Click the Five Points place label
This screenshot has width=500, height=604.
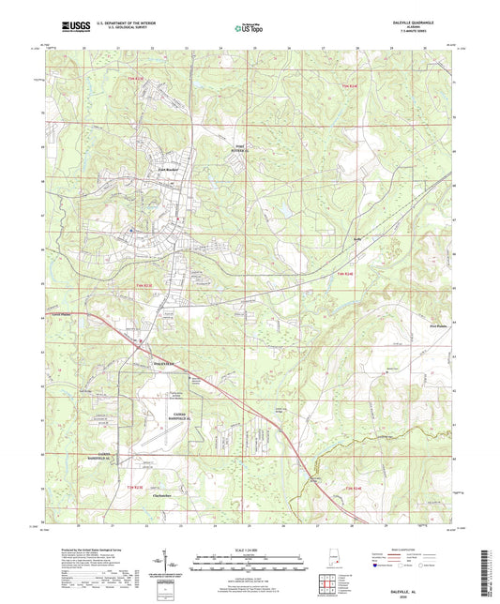426,326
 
